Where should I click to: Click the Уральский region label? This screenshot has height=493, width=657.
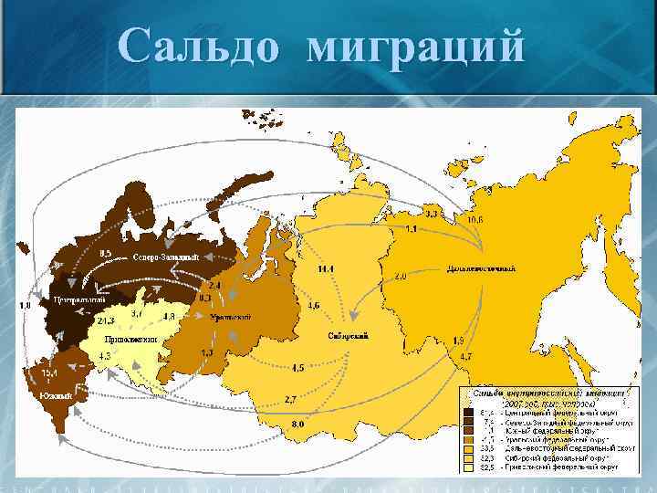click(231, 316)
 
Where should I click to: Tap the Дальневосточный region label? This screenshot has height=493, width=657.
click(481, 268)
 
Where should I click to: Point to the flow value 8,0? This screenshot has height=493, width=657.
click(297, 424)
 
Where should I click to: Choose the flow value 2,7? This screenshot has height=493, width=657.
click(291, 400)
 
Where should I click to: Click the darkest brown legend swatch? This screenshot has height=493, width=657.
click(468, 412)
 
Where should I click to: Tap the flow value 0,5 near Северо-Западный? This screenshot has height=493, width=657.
click(106, 253)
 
